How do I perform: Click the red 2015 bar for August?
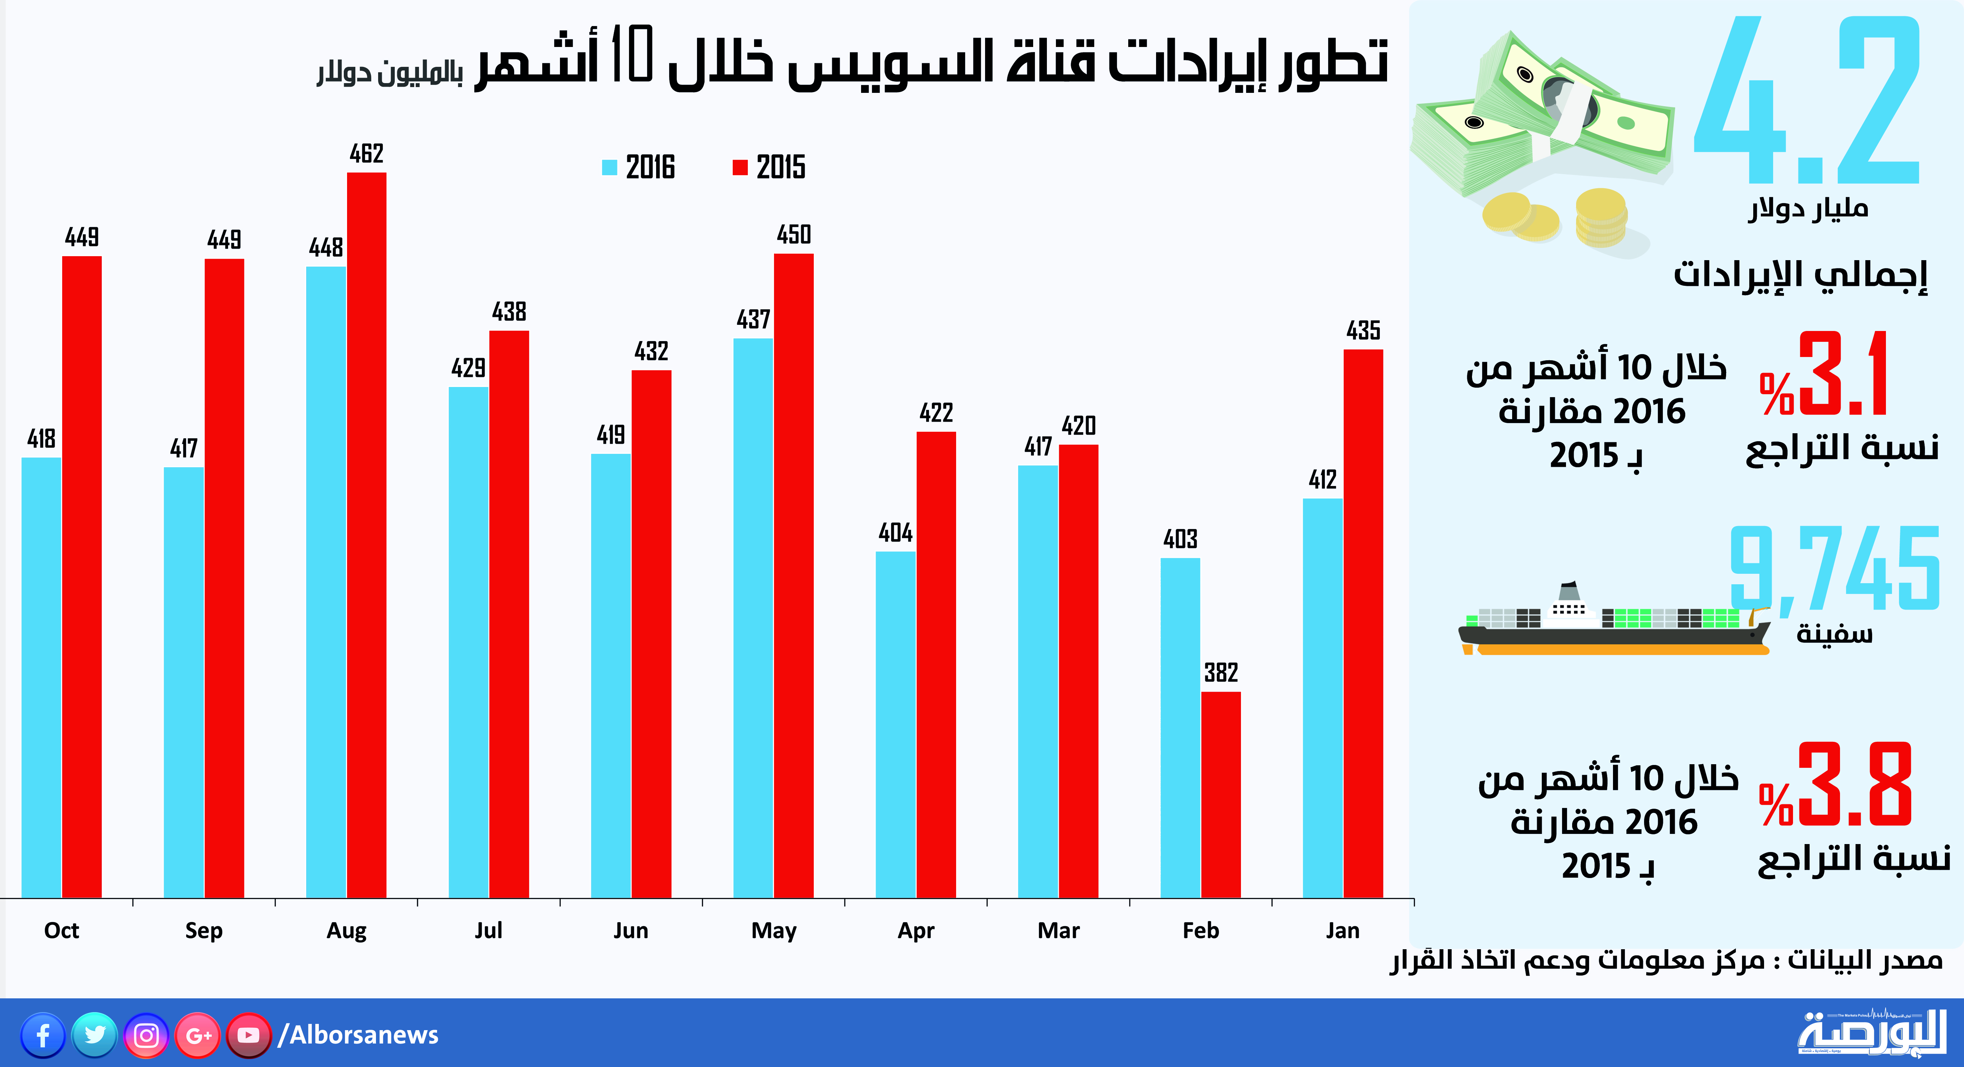pos(367,533)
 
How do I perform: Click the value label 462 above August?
pos(367,154)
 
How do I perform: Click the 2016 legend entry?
pos(639,167)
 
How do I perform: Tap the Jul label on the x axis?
pos(489,930)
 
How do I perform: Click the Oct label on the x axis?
pos(62,930)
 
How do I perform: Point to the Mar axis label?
pos(1058,930)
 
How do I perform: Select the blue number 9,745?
pos(1834,568)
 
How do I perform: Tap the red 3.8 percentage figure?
pos(1853,785)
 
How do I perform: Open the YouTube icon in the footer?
pos(248,1035)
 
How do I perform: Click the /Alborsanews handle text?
pos(358,1035)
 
